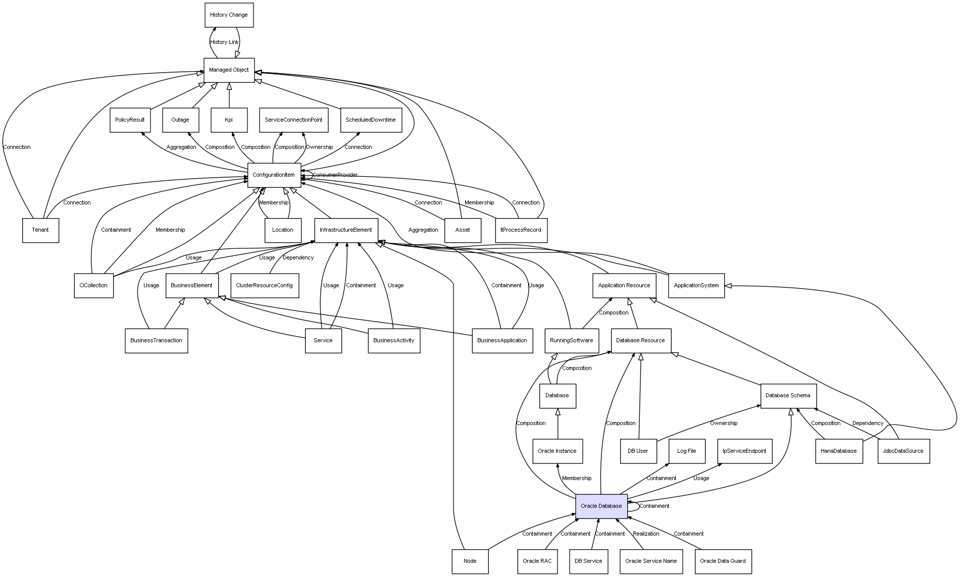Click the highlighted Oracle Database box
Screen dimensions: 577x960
(601, 506)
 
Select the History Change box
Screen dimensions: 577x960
(229, 15)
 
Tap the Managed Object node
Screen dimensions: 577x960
(229, 70)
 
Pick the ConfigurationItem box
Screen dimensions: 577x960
(274, 175)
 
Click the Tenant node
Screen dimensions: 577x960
(40, 230)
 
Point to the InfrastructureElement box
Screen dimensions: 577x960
(346, 230)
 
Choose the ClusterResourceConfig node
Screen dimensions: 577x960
(264, 286)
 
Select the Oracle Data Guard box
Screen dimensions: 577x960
(723, 561)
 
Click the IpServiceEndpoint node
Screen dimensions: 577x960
(744, 451)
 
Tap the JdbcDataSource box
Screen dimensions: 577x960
(903, 451)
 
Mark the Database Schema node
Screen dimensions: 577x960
(787, 395)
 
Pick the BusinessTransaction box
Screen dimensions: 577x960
(156, 341)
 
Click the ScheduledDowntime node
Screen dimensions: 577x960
(371, 120)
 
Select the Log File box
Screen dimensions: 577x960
(686, 451)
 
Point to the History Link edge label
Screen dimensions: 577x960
(224, 42)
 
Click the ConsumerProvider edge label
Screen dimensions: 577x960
(335, 175)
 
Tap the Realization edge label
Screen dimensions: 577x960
(646, 534)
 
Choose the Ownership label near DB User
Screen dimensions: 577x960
(723, 423)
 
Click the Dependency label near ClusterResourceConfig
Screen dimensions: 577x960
(298, 258)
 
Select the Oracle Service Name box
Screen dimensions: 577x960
(650, 561)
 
